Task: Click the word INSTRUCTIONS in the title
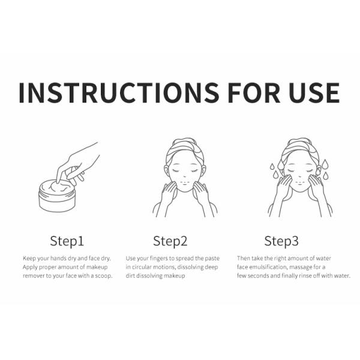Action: pyautogui.click(x=119, y=92)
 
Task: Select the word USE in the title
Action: pyautogui.click(x=314, y=92)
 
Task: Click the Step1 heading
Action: pyautogui.click(x=67, y=241)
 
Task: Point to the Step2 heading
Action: pyautogui.click(x=170, y=241)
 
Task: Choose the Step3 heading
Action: pyautogui.click(x=281, y=241)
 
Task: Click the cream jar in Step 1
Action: pyautogui.click(x=57, y=196)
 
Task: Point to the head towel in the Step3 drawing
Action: pyautogui.click(x=300, y=149)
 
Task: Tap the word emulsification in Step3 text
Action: pyautogui.click(x=268, y=267)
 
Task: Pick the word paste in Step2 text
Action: pyautogui.click(x=212, y=259)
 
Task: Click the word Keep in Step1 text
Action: pyautogui.click(x=29, y=259)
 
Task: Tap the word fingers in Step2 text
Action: pyautogui.click(x=159, y=259)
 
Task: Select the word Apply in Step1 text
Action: pyautogui.click(x=30, y=268)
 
